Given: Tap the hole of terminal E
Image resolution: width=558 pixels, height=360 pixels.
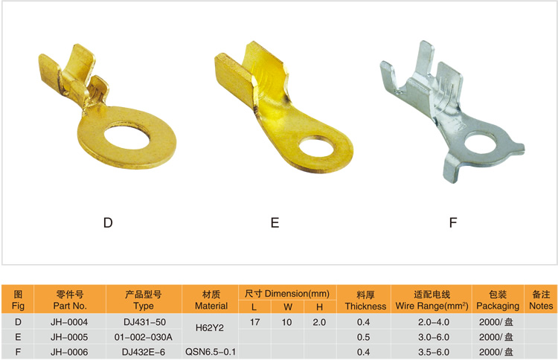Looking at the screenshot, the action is click(x=317, y=149).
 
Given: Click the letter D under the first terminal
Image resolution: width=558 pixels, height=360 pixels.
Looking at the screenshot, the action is click(x=108, y=222).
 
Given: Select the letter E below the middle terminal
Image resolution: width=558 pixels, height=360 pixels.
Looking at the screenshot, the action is click(x=275, y=222).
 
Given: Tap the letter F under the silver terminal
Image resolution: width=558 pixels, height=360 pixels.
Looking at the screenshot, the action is click(x=452, y=222).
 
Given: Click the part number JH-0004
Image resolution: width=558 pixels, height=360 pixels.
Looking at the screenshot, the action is click(x=69, y=322).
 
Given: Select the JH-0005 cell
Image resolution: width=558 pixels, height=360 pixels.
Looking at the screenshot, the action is click(x=69, y=337).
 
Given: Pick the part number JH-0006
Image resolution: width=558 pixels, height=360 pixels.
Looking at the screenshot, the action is click(x=69, y=352).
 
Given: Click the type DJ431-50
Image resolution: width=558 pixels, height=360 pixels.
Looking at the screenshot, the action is click(x=144, y=322).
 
